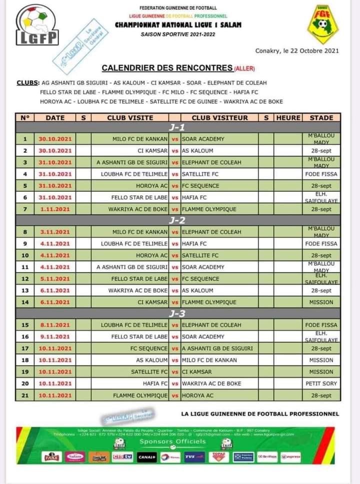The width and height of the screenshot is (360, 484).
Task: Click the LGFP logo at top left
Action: pyautogui.click(x=37, y=25)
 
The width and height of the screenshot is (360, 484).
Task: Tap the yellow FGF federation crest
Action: pyautogui.click(x=322, y=24)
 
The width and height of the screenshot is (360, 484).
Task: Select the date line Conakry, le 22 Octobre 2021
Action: pyautogui.click(x=297, y=50)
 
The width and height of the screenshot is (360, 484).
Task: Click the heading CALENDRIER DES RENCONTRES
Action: pyautogui.click(x=166, y=67)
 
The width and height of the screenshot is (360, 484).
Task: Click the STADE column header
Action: pyautogui.click(x=321, y=118)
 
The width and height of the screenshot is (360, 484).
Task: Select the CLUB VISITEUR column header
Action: pyautogui.click(x=219, y=118)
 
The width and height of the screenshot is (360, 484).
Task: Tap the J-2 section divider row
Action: pyautogui.click(x=177, y=220)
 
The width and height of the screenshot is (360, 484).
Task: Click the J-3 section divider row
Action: pyautogui.click(x=177, y=314)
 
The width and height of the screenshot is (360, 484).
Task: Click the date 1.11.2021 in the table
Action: pyautogui.click(x=55, y=209)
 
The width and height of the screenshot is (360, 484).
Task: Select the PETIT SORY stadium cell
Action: pyautogui.click(x=321, y=384)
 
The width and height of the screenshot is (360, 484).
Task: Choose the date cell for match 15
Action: pyautogui.click(x=55, y=325)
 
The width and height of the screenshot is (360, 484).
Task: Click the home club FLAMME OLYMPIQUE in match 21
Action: pyautogui.click(x=140, y=396)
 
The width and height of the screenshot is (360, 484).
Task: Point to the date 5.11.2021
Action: pyautogui.click(x=55, y=279)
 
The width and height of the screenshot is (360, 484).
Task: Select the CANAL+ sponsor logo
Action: pyautogui.click(x=147, y=457)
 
